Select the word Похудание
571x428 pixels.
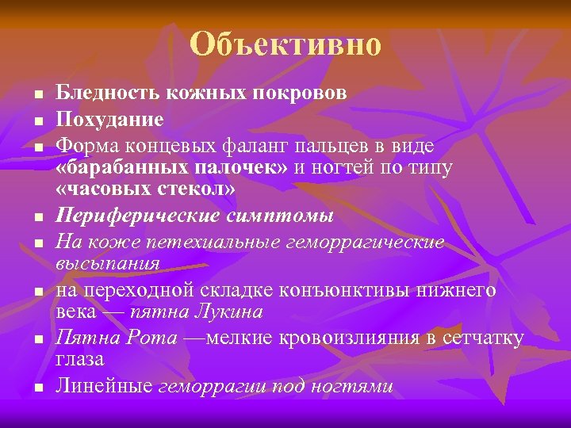tap(109, 120)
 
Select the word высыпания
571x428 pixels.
tap(108, 262)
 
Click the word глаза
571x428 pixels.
tap(79, 359)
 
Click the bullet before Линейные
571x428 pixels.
tap(38, 388)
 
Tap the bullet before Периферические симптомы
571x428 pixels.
tap(38, 217)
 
